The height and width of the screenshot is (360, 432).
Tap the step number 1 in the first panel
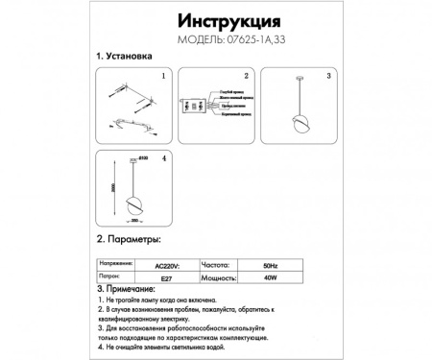[163, 75]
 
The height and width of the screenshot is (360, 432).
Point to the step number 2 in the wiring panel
[246, 75]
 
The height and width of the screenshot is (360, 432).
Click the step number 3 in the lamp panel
[328, 75]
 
